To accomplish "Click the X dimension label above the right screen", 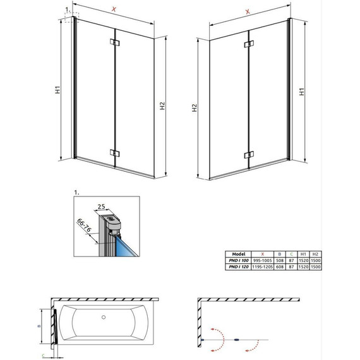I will pos(247,11).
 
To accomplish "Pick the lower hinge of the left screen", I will pos(114,153).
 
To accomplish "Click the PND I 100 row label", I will pos(239,260).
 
